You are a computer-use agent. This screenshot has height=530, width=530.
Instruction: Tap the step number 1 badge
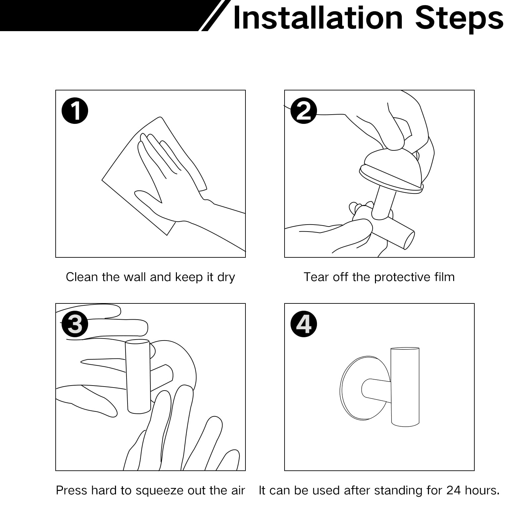[x=75, y=111]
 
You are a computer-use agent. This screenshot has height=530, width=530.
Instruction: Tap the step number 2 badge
[x=304, y=111]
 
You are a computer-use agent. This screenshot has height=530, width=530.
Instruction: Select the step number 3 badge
[x=75, y=324]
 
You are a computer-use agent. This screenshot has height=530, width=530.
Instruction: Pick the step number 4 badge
[x=304, y=324]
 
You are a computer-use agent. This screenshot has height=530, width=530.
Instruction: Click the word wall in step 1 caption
[x=134, y=277]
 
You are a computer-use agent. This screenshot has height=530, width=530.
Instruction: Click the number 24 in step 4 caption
[x=453, y=490]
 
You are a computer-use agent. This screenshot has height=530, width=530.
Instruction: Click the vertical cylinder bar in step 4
[x=405, y=387]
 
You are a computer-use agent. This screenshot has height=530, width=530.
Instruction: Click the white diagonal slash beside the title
[x=215, y=16]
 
